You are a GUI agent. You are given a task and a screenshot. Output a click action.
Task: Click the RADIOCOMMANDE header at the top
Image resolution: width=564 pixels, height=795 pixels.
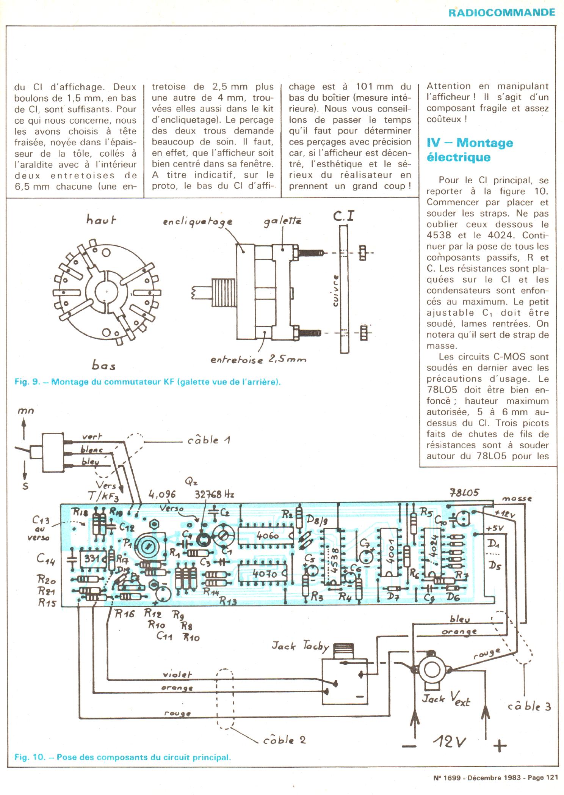click(x=501, y=12)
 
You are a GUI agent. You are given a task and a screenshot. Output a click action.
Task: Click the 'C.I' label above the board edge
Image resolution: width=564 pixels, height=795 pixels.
click(x=344, y=216)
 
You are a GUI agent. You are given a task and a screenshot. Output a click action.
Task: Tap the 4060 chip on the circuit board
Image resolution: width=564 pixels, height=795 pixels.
click(x=268, y=536)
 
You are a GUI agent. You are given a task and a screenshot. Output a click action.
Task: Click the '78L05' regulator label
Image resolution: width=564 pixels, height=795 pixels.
click(x=464, y=493)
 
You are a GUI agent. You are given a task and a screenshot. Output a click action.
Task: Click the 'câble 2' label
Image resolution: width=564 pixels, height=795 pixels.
click(x=284, y=740)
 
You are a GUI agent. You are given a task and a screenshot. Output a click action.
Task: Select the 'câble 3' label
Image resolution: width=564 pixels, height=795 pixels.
click(x=529, y=706)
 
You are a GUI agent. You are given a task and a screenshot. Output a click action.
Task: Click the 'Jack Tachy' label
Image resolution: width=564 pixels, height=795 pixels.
click(x=300, y=646)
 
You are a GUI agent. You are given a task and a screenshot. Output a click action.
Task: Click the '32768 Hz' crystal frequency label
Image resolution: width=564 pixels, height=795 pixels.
click(x=214, y=495)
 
